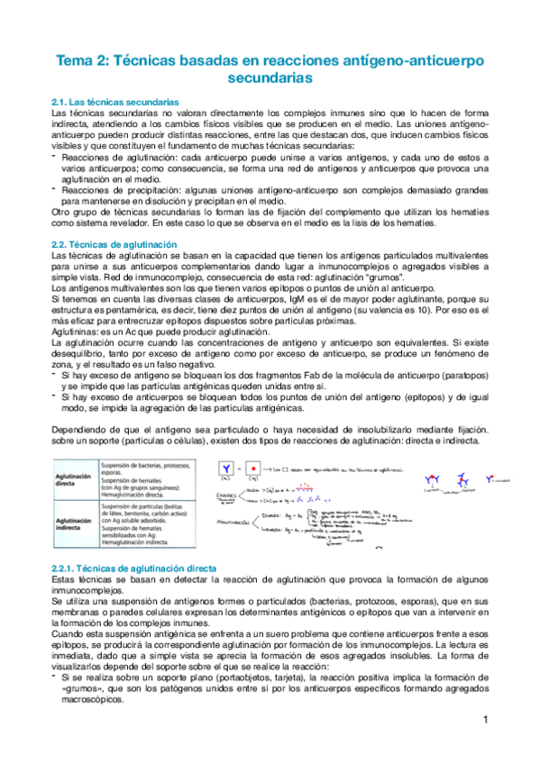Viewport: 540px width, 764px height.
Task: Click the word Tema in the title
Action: (x=78, y=60)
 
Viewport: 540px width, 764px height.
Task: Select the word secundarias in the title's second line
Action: (x=269, y=79)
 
